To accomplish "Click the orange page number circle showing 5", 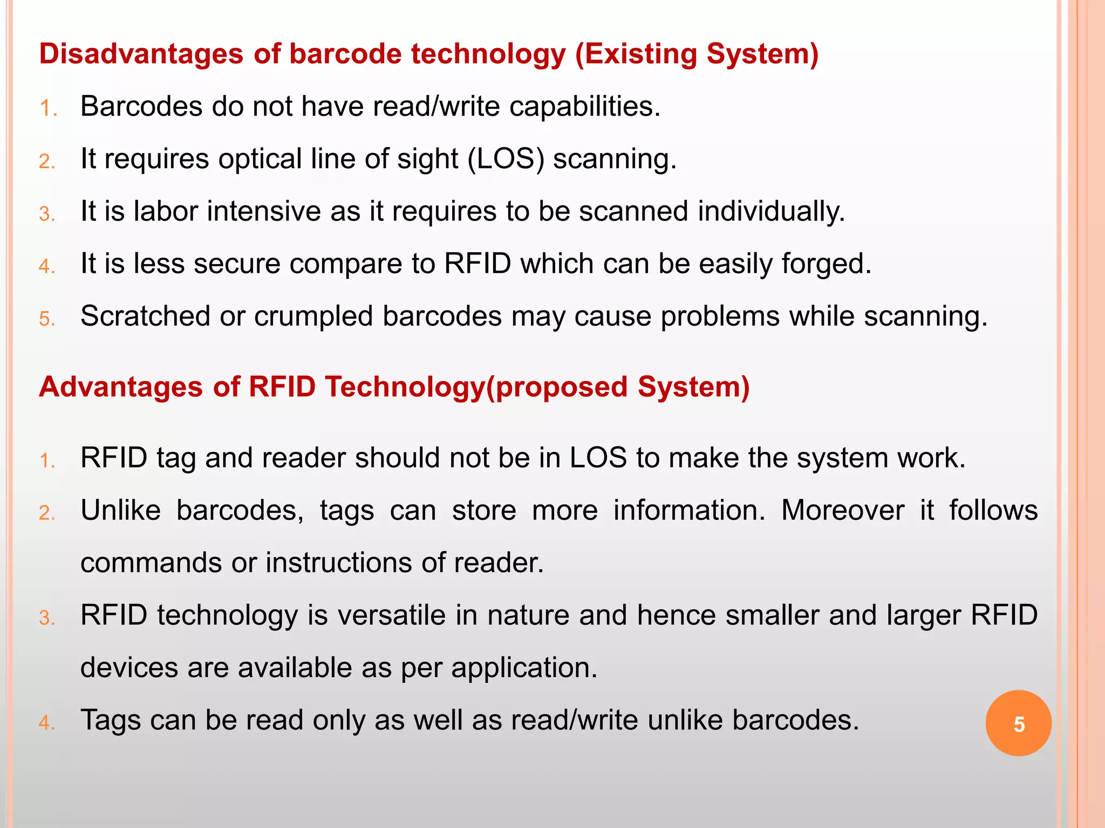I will [x=1018, y=723].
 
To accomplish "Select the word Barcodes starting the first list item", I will [x=141, y=106].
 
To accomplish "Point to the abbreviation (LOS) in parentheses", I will [x=506, y=159].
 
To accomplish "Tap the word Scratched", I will [x=145, y=316].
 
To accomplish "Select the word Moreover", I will [x=842, y=510].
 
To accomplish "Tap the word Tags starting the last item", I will [x=111, y=720].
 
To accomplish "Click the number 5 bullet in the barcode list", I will [x=47, y=319].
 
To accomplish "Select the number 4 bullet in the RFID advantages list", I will [x=47, y=723].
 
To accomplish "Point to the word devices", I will [x=129, y=668].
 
